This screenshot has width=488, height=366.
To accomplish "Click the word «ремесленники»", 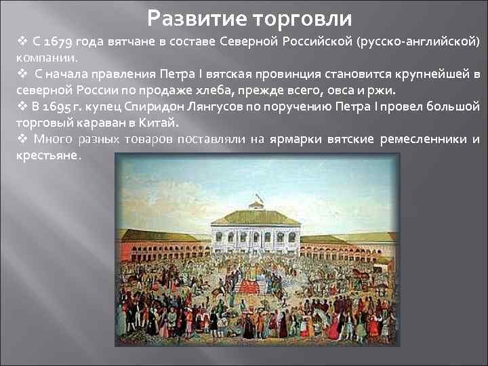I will point(423,140).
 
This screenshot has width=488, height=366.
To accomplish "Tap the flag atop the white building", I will point(257,200).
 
